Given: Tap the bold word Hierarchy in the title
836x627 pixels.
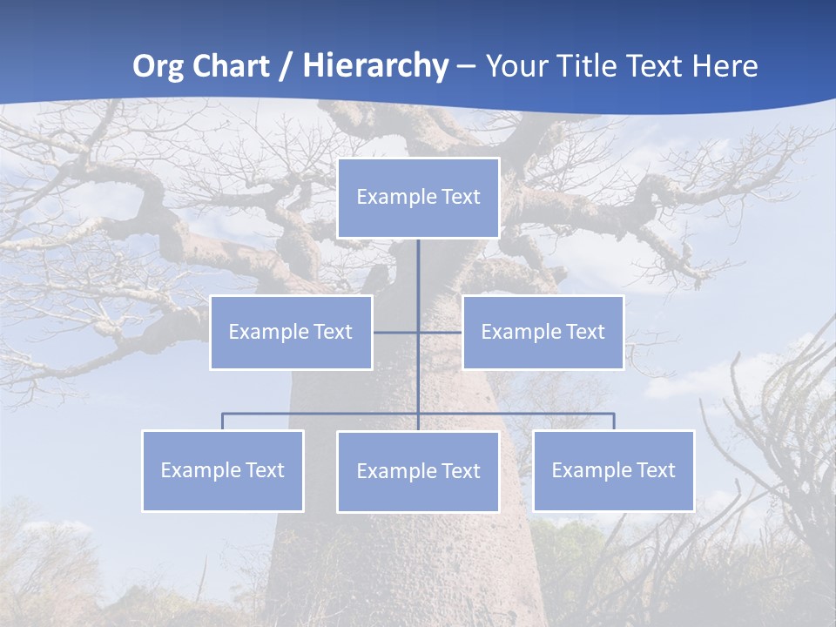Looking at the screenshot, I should (375, 66).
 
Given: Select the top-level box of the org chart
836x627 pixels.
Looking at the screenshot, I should (418, 198).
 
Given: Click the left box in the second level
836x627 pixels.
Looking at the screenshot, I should (291, 333).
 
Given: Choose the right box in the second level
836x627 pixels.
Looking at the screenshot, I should (543, 333).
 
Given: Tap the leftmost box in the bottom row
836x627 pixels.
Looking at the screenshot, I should (223, 471).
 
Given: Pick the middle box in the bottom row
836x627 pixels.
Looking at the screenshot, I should (418, 472).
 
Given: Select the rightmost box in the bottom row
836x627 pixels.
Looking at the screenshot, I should (614, 471).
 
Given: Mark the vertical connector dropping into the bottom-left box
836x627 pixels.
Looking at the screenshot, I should (223, 421).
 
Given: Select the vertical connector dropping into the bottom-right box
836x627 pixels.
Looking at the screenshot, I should (614, 421).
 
